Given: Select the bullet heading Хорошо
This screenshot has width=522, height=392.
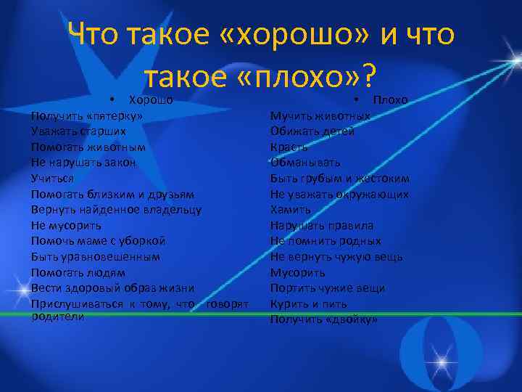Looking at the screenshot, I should click(150, 99).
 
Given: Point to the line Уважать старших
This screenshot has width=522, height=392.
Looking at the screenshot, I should click(78, 131).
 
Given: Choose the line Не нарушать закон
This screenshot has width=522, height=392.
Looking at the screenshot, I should click(83, 163).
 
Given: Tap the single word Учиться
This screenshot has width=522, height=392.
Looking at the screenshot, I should click(52, 178).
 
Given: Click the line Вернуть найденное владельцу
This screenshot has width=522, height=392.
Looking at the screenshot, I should click(116, 210).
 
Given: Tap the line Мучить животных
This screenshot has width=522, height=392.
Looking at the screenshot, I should click(320, 115).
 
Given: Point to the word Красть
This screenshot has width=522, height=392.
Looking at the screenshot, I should click(289, 147).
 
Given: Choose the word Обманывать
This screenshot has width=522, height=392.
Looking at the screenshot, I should click(305, 163).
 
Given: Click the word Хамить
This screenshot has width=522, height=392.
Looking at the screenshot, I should click(290, 210).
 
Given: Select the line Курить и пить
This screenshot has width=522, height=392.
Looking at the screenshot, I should click(308, 303).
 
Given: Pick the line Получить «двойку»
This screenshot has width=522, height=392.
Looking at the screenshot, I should click(324, 319).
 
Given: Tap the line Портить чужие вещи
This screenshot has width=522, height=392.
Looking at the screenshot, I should click(328, 288).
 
